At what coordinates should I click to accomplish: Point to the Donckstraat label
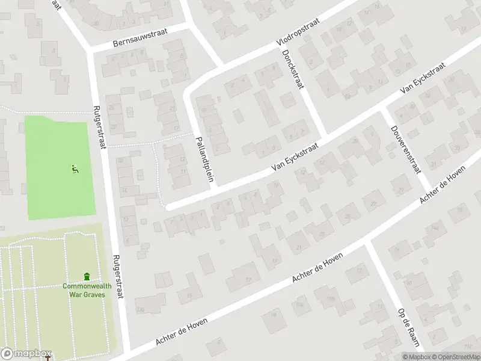pyautogui.click(x=291, y=70)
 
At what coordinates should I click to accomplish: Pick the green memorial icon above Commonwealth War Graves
pyautogui.click(x=87, y=276)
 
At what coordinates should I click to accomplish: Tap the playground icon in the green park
pyautogui.click(x=75, y=170)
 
